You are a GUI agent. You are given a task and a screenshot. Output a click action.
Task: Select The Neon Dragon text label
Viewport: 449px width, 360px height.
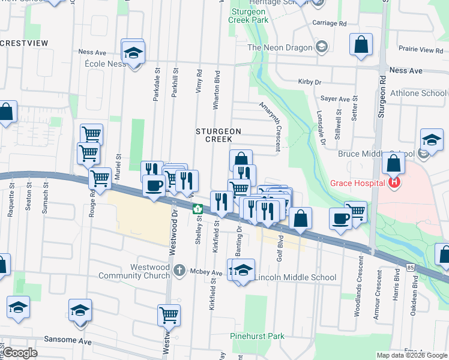(280, 47)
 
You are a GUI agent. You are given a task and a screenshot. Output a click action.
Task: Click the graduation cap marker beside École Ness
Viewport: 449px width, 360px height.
(133, 53)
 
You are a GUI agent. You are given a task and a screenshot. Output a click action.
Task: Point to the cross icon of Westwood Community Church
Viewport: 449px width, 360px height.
(179, 271)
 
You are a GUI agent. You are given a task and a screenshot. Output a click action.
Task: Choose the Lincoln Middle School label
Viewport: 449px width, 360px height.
(295, 277)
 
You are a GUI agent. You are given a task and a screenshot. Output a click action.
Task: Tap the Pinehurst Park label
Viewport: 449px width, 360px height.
(258, 337)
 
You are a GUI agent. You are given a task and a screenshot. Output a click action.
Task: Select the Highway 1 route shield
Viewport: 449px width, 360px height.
(197, 209)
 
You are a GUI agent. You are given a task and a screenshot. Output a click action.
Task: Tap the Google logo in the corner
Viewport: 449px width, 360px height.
(20, 353)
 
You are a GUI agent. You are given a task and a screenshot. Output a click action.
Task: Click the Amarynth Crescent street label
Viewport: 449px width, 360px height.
(271, 125)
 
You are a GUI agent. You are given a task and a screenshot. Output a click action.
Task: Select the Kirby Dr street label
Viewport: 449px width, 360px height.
(310, 82)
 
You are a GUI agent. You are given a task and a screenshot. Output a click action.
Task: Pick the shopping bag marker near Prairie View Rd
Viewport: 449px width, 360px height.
(361, 45)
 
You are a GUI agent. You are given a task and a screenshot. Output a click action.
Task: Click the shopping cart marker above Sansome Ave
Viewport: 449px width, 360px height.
(169, 314)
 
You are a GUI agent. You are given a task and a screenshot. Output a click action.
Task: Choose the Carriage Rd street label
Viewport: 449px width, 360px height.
(330, 23)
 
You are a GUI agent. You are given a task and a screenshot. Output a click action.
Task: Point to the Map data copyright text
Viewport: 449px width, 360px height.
(412, 355)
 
